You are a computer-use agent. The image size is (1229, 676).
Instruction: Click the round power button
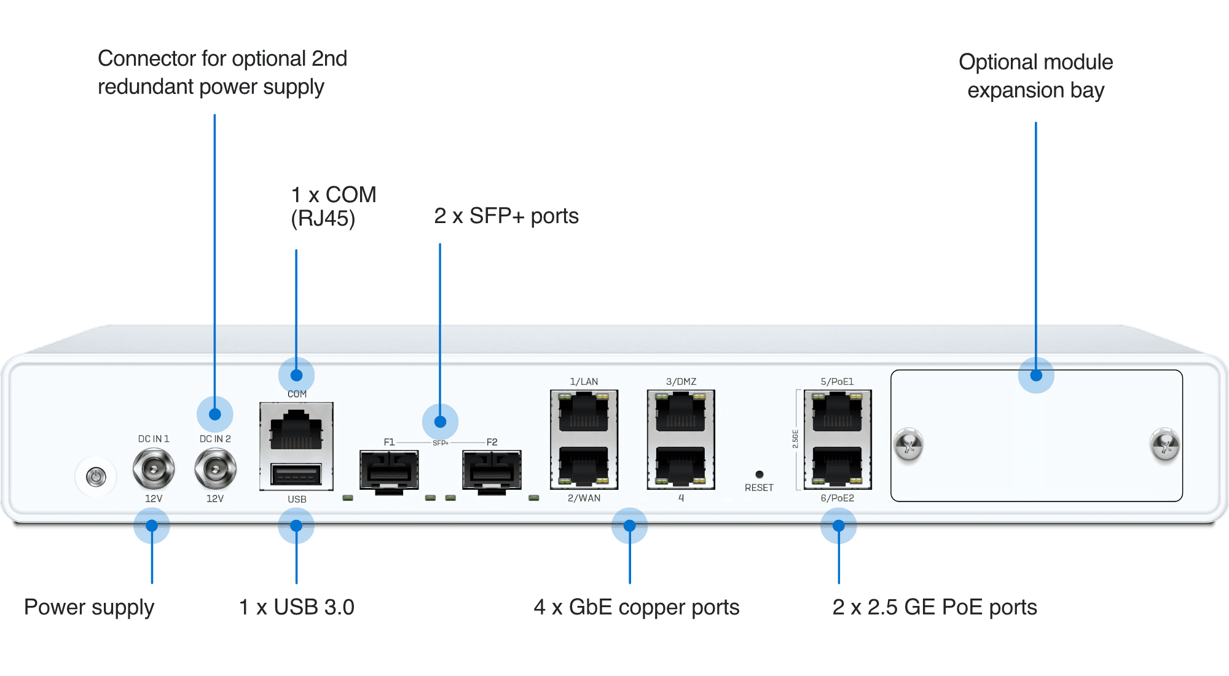coord(96,476)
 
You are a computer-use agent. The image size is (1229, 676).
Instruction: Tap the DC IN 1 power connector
coord(153,469)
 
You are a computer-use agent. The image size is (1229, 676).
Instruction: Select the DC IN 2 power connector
coord(215,469)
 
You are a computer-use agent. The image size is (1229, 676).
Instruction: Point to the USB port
coord(296,474)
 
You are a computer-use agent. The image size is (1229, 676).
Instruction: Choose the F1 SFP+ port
coord(389,470)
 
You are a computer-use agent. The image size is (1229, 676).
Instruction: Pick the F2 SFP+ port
coord(492,470)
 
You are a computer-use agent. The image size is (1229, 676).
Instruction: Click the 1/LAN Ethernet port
coord(584,412)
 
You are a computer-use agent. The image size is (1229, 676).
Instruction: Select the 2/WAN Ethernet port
coord(584,465)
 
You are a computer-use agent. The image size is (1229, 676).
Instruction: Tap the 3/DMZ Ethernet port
coord(681,412)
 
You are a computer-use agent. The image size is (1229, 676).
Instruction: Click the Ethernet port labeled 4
coord(681,465)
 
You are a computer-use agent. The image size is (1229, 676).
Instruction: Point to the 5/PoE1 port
coord(838,412)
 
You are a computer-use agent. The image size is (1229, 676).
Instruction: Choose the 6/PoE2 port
coord(838,465)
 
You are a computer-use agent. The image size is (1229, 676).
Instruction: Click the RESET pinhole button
coord(760,474)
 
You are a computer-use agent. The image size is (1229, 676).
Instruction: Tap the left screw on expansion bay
coord(909,444)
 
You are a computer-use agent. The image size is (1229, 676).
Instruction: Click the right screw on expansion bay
coord(1164,444)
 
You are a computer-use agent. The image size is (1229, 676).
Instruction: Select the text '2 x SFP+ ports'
coord(506,216)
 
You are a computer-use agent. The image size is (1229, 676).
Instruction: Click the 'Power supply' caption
coord(89,607)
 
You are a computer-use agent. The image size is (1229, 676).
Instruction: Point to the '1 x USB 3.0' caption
coord(296,607)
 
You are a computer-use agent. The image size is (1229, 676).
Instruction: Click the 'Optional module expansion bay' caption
coord(1036,76)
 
